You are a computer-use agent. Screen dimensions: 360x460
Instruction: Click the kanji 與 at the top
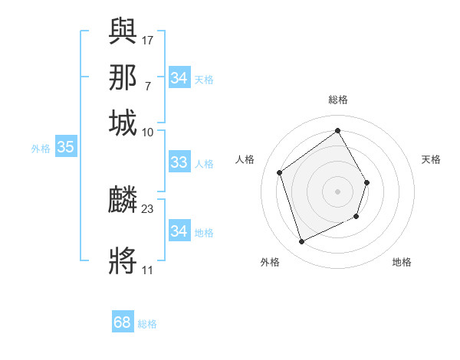click(123, 31)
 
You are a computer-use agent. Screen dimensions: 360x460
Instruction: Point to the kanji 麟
click(123, 201)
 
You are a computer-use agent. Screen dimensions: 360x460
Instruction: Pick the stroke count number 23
click(148, 208)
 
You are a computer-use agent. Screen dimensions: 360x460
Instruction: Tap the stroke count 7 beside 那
click(147, 86)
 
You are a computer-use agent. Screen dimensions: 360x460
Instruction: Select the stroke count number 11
click(148, 270)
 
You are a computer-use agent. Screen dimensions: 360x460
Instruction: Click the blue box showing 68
click(123, 322)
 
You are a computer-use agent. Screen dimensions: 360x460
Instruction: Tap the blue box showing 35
click(65, 148)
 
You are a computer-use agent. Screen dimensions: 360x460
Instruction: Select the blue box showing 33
click(179, 162)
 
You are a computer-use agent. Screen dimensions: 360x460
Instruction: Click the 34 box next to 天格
click(179, 78)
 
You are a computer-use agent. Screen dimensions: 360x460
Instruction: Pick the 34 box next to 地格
click(179, 231)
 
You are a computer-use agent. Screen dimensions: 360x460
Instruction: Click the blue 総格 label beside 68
click(147, 324)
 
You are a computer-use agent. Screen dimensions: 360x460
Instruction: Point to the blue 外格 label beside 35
click(40, 149)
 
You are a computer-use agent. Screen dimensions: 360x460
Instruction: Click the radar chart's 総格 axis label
click(337, 100)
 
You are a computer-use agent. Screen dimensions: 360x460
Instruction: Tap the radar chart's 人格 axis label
click(245, 159)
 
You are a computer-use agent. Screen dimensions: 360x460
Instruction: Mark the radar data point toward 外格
click(301, 242)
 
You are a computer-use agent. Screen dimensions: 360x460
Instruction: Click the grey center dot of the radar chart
click(337, 191)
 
